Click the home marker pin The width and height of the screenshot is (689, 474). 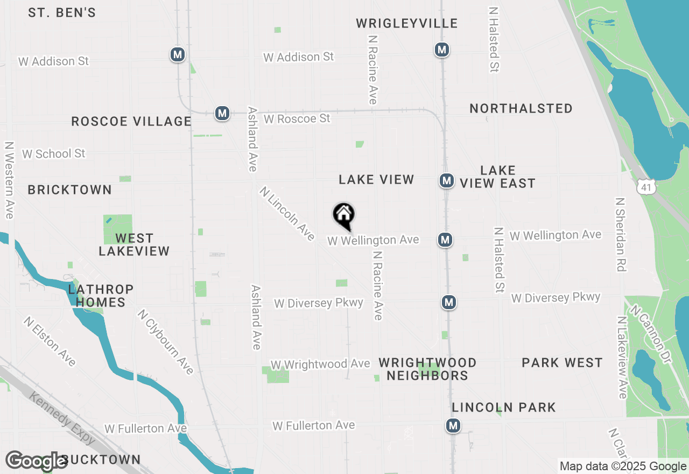coord(344,216)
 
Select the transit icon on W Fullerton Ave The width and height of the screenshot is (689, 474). coord(453,426)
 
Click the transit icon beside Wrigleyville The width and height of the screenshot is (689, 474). coord(442,50)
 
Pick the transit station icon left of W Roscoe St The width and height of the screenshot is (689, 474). coord(222,113)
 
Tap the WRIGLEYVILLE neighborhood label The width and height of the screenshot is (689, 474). coord(407,23)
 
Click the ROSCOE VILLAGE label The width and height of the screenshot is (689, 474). coord(131,121)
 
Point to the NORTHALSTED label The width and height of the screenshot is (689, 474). coord(521,108)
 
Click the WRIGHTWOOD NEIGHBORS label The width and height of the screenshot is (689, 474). coord(427,369)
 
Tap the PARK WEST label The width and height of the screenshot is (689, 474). coord(562,363)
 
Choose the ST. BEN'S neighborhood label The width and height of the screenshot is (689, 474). coord(62,12)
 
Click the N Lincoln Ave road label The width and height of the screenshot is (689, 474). coord(287,213)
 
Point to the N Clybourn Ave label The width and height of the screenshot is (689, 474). coord(165,341)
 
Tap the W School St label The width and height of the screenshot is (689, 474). coord(53,154)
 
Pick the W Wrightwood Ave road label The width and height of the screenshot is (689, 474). coord(320,365)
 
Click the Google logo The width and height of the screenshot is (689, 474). coord(37,461)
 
